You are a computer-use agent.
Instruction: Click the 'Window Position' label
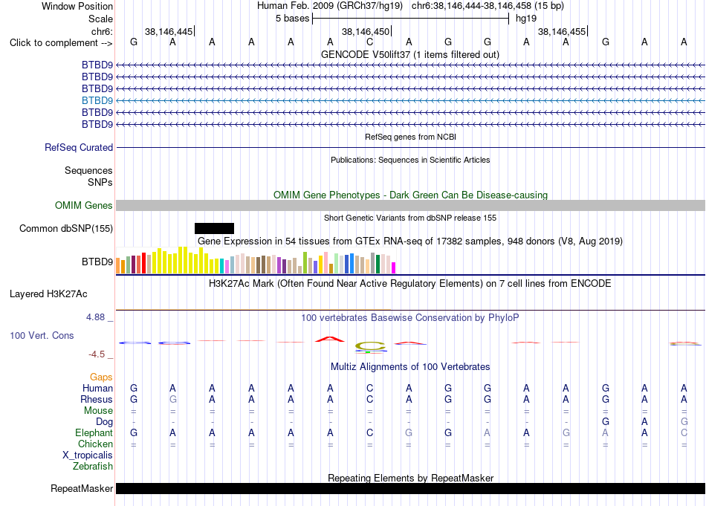[x=77, y=6]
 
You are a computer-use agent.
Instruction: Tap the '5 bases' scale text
[x=292, y=19]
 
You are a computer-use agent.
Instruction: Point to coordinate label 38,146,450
[x=365, y=31]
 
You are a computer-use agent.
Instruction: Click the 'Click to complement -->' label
[x=61, y=43]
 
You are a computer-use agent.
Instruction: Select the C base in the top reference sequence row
[x=369, y=42]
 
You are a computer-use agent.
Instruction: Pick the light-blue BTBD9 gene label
[x=97, y=100]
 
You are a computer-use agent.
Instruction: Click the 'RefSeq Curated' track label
[x=79, y=147]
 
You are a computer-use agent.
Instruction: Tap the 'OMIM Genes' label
[x=83, y=205]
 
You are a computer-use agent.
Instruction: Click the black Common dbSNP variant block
[x=214, y=228]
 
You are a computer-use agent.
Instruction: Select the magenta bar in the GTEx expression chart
[x=394, y=267]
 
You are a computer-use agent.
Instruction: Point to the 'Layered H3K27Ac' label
[x=48, y=294]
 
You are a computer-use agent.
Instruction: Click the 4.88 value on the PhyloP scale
[x=95, y=317]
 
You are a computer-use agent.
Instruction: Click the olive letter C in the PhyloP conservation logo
[x=370, y=346]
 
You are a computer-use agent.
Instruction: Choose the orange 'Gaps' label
[x=101, y=377]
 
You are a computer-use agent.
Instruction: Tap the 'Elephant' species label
[x=94, y=432]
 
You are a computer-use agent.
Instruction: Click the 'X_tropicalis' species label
[x=88, y=455]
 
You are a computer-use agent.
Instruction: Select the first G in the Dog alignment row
[x=606, y=422]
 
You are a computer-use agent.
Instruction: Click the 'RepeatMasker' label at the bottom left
[x=82, y=488]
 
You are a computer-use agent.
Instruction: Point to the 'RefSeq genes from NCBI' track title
[x=410, y=137]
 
